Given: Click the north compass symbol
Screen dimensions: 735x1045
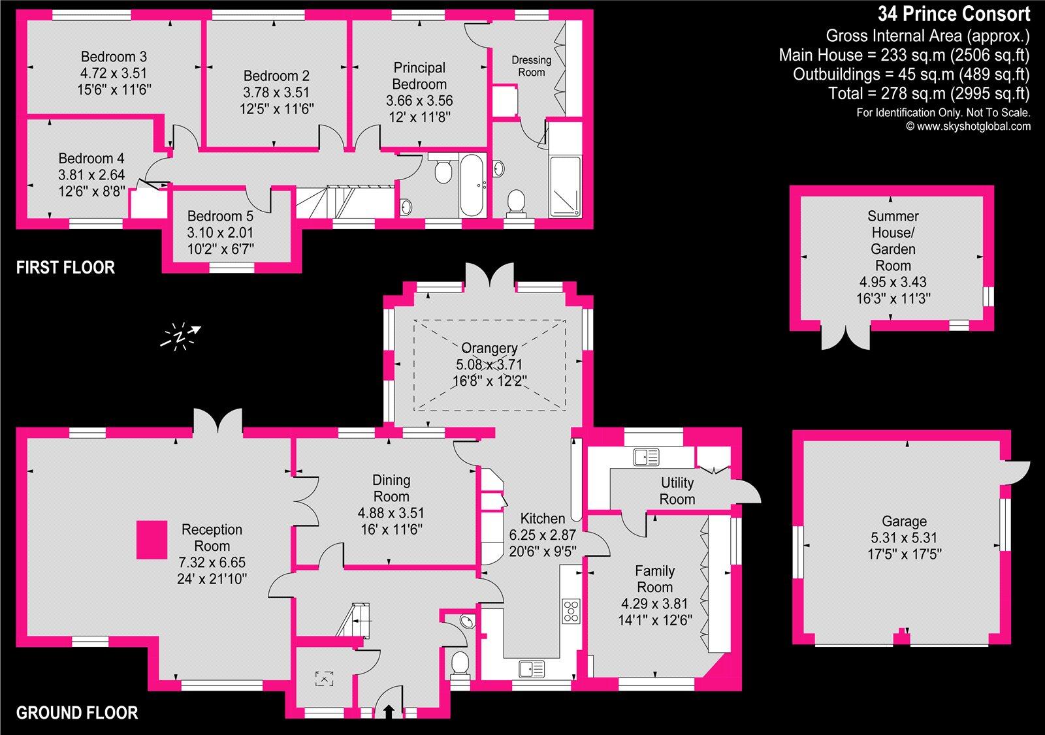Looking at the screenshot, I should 181,336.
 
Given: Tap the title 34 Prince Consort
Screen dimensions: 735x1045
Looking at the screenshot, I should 954,14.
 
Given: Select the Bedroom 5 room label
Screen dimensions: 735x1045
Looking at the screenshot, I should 220,216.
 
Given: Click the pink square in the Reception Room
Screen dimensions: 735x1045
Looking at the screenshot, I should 152,539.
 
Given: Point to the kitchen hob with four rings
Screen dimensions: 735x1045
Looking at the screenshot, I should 571,610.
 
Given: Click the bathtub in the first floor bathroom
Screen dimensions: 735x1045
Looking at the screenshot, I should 472,185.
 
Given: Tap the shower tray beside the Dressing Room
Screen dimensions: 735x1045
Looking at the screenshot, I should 565,186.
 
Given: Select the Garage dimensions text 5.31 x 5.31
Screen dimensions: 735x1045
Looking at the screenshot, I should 904,538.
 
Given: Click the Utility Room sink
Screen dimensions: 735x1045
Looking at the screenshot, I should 647,457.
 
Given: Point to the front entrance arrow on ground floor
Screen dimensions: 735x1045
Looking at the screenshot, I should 389,711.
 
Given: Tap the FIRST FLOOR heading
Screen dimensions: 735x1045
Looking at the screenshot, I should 65,267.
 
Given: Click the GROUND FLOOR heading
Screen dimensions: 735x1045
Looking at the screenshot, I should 77,713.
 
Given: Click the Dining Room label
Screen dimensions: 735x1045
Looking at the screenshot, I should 391,488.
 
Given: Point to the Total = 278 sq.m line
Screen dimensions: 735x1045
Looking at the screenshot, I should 929,93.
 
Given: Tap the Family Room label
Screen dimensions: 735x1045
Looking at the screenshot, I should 654,578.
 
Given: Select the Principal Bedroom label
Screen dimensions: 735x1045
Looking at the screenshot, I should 419,76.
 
